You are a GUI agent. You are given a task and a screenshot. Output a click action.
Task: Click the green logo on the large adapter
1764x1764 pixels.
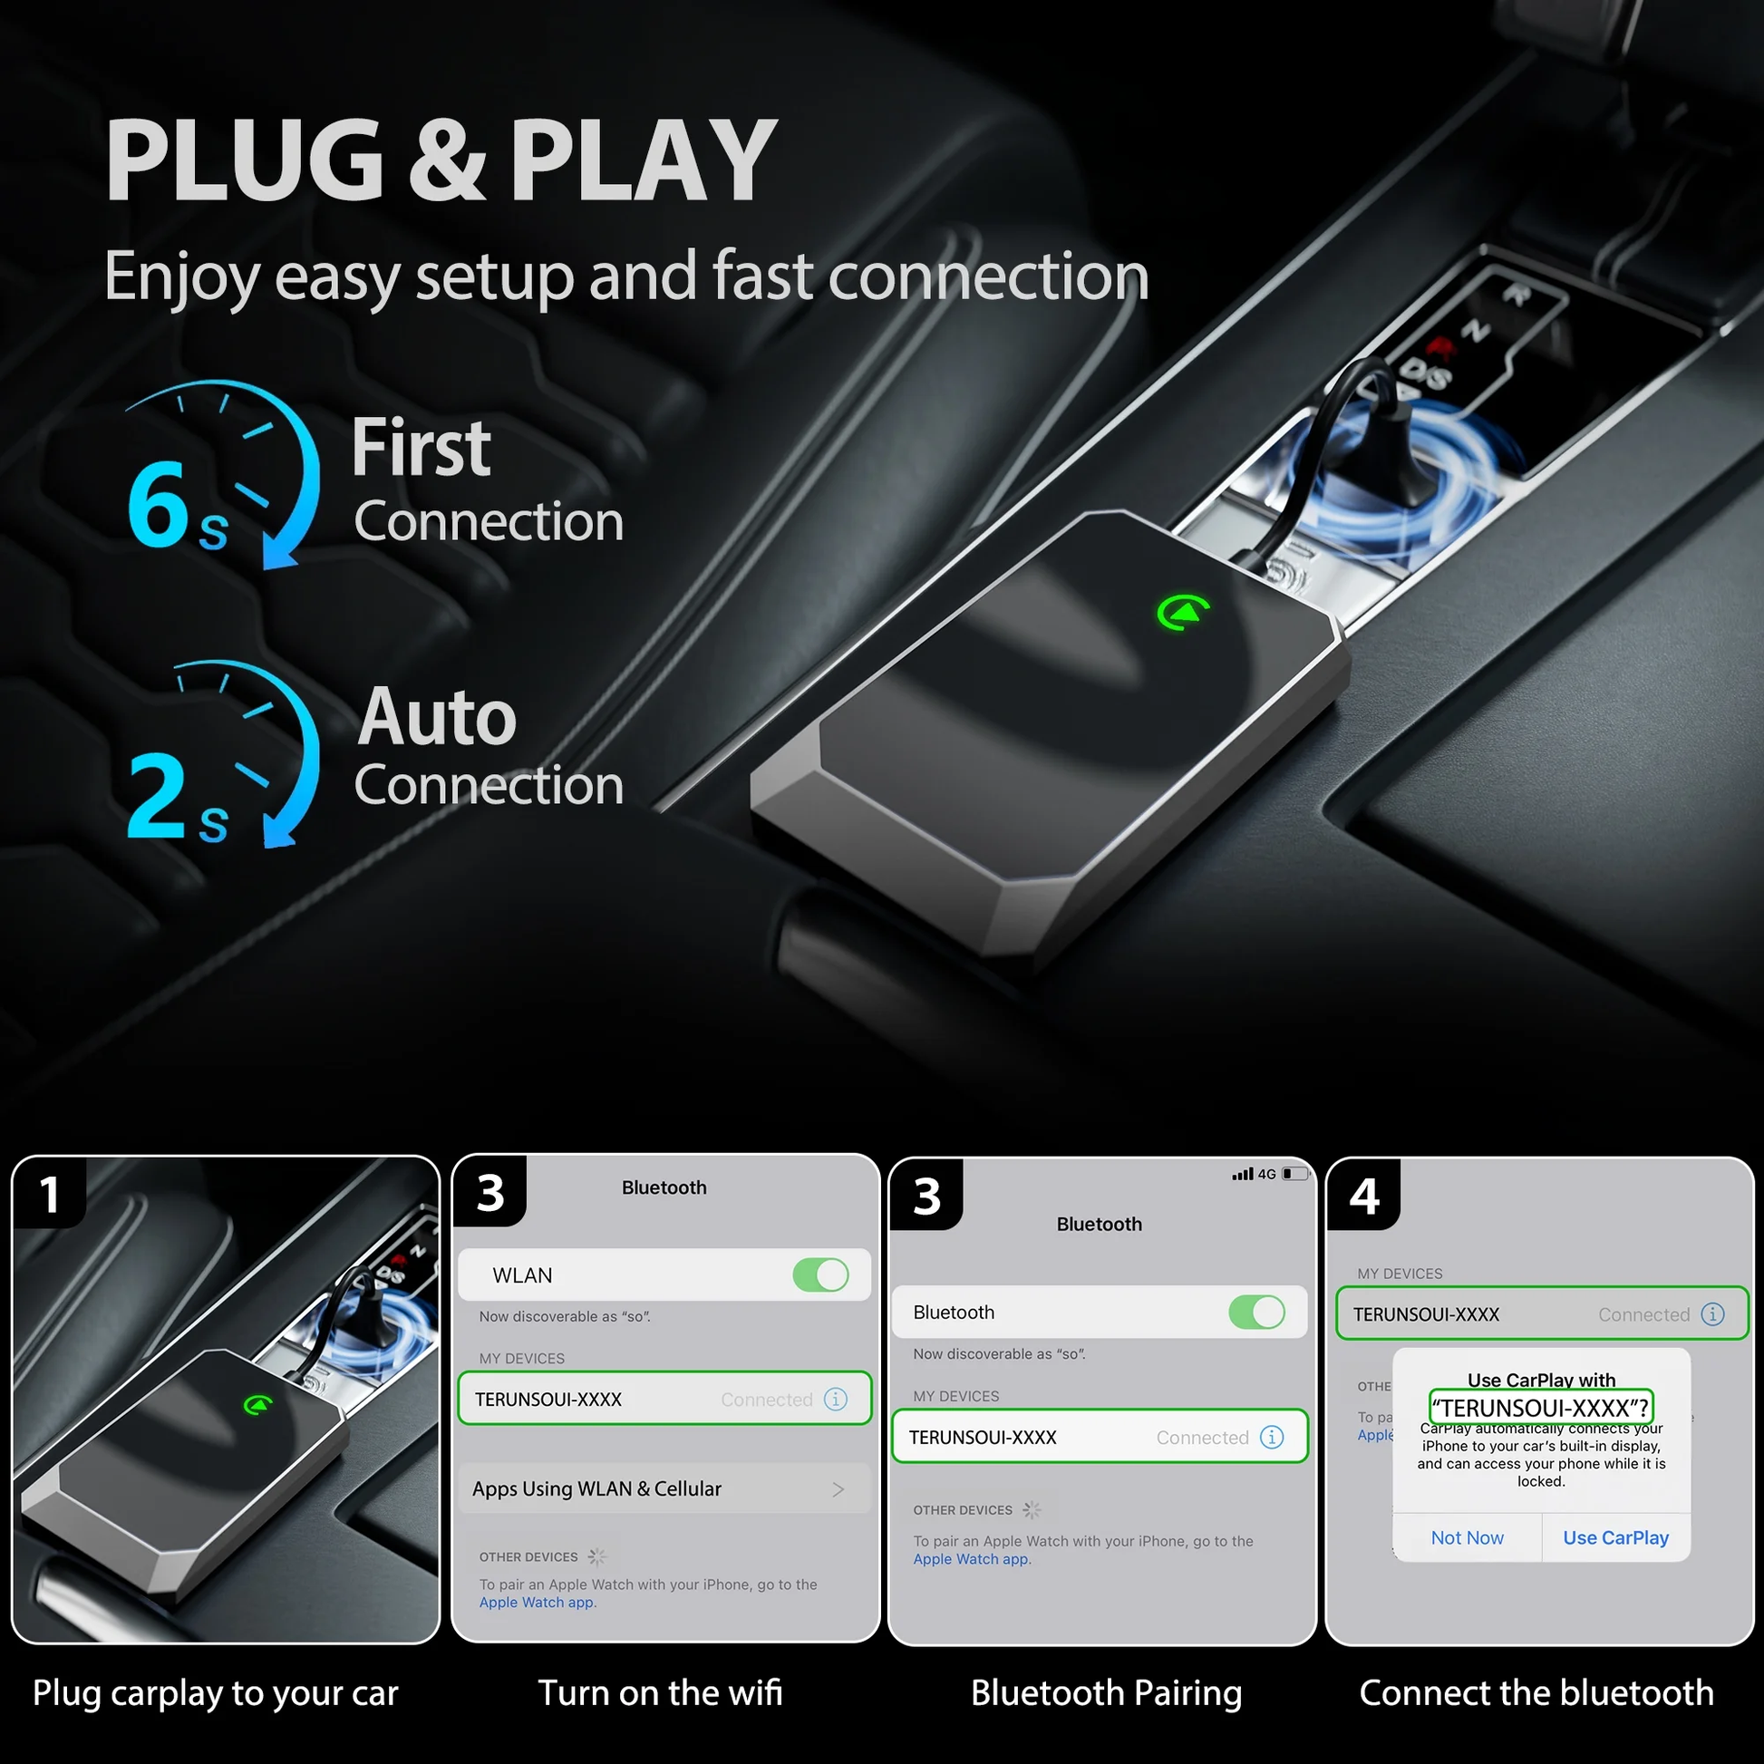click(x=1183, y=612)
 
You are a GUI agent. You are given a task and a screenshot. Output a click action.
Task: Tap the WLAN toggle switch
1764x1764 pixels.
click(x=821, y=1275)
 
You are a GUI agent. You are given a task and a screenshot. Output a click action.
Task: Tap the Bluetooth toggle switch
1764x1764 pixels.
click(x=1256, y=1312)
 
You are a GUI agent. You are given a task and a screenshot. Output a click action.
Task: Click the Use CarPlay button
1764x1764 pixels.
click(x=1615, y=1537)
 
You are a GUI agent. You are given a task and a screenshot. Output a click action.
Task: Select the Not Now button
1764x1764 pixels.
click(x=1468, y=1537)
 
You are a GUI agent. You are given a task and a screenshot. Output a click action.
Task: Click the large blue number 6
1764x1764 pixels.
click(x=158, y=503)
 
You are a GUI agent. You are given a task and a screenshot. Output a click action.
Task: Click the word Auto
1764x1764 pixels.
click(x=436, y=717)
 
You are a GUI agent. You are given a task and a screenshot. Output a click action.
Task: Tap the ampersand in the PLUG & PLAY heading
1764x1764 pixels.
click(x=447, y=160)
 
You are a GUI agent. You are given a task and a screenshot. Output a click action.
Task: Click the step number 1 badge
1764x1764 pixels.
click(x=50, y=1194)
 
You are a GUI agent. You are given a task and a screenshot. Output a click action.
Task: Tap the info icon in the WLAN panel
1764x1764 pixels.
click(x=836, y=1399)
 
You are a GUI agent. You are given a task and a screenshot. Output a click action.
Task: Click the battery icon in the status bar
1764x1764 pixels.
click(x=1294, y=1174)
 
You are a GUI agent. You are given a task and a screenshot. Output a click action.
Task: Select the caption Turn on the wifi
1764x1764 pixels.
click(x=660, y=1692)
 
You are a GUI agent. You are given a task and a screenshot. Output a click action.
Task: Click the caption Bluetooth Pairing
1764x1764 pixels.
click(x=1106, y=1692)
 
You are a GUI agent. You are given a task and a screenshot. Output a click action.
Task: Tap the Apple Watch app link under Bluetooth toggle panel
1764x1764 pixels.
click(x=971, y=1558)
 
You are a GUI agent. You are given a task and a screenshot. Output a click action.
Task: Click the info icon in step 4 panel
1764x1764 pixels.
click(x=1713, y=1313)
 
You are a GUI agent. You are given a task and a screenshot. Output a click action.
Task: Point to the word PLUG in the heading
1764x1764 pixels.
click(x=245, y=160)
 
